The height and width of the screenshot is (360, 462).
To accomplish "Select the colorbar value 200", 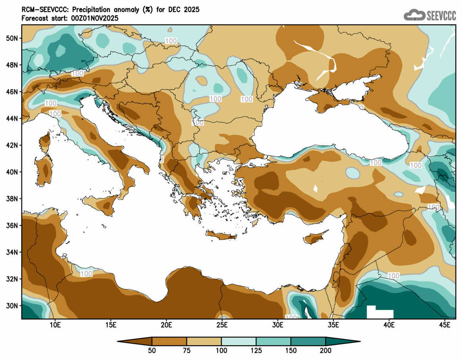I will click(326, 350).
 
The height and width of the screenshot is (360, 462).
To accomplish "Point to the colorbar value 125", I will click(256, 350).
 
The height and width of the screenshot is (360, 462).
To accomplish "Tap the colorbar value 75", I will click(187, 350).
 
